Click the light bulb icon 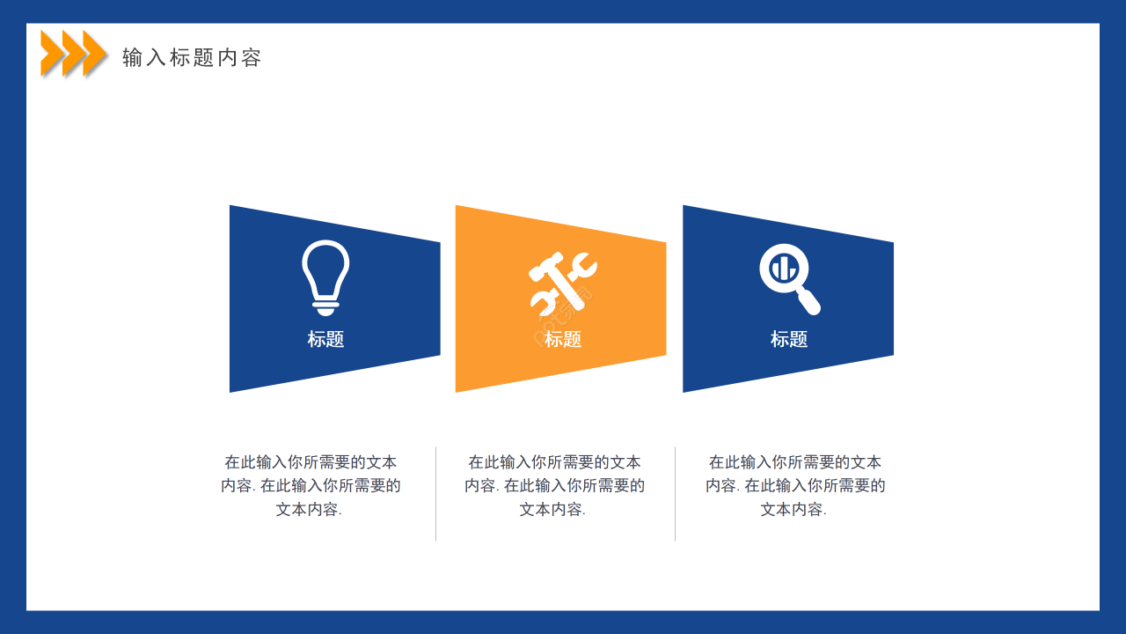325,276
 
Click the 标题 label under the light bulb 325,339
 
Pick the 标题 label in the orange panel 563,339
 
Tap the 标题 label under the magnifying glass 789,339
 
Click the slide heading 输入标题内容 192,58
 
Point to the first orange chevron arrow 52,53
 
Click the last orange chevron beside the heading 95,53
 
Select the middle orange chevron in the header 74,53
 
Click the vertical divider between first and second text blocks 435,493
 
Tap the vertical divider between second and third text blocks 675,493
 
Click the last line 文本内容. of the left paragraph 309,509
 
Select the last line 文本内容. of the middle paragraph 552,509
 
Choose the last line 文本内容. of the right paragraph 793,509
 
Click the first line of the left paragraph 311,462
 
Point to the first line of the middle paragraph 554,462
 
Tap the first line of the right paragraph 795,462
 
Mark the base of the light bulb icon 325,307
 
